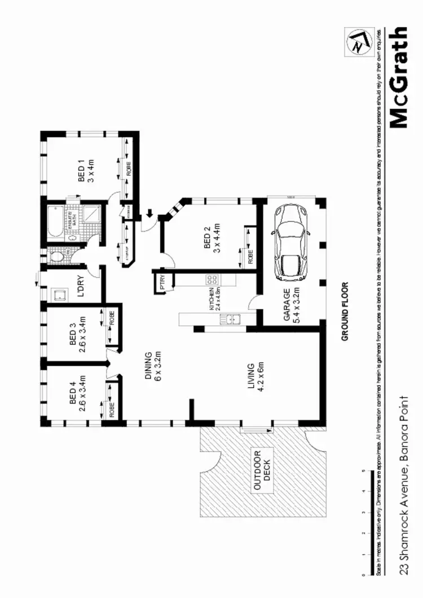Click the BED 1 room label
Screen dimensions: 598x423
coord(85,171)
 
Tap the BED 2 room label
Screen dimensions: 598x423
coord(211,239)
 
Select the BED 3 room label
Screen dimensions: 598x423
coord(77,337)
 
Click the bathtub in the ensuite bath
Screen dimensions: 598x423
coord(54,223)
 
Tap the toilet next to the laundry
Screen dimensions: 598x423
coord(57,257)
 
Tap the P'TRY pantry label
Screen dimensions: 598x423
coord(162,282)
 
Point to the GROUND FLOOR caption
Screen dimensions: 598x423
coord(345,312)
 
